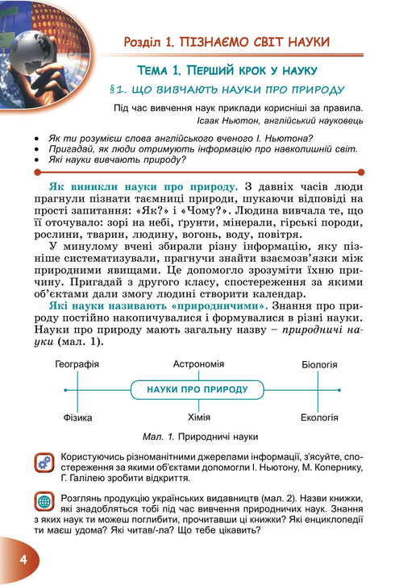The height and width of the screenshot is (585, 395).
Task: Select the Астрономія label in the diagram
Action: point(198,364)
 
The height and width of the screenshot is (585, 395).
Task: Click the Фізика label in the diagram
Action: point(77,417)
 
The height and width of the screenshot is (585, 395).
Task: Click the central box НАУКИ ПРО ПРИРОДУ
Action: point(197,390)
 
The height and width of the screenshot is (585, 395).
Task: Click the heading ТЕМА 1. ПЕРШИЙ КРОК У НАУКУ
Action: point(227,69)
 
